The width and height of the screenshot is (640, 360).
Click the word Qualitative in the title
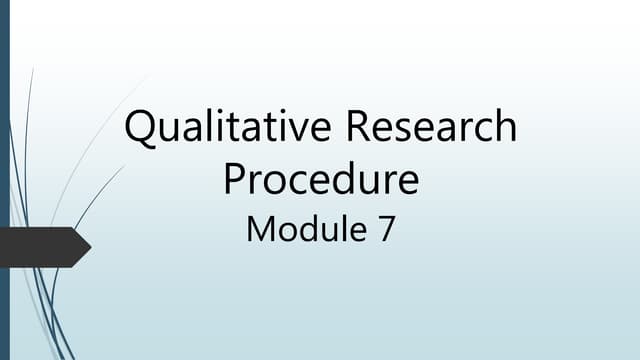[x=228, y=131]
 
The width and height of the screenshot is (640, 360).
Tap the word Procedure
[x=320, y=180]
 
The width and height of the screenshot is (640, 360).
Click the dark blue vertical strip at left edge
[x=4, y=180]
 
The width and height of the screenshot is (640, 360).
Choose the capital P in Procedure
[x=236, y=180]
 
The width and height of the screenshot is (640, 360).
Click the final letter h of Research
[x=507, y=130]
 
